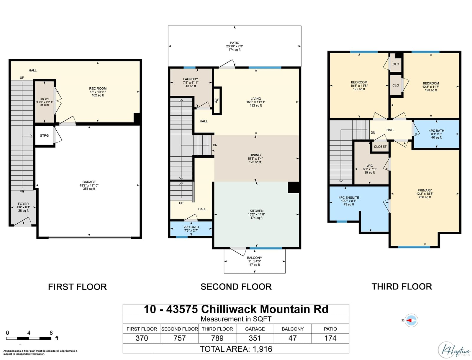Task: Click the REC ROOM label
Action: [98, 89]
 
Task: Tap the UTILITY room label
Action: [44, 99]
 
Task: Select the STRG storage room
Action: [44, 135]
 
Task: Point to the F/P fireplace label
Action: [217, 100]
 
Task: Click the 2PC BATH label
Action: [191, 227]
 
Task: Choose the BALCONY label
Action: [255, 258]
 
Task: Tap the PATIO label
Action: [235, 43]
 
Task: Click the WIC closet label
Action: [370, 166]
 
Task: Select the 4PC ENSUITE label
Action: [349, 198]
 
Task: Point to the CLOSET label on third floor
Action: [380, 147]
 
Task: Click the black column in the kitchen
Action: [294, 187]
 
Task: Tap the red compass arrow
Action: [409, 320]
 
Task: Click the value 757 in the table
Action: [180, 338]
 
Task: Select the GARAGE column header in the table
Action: [255, 329]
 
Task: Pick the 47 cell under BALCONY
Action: [293, 338]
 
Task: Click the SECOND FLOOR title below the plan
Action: [236, 287]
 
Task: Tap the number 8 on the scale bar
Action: [51, 333]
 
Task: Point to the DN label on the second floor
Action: [215, 145]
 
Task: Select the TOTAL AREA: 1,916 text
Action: [236, 349]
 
